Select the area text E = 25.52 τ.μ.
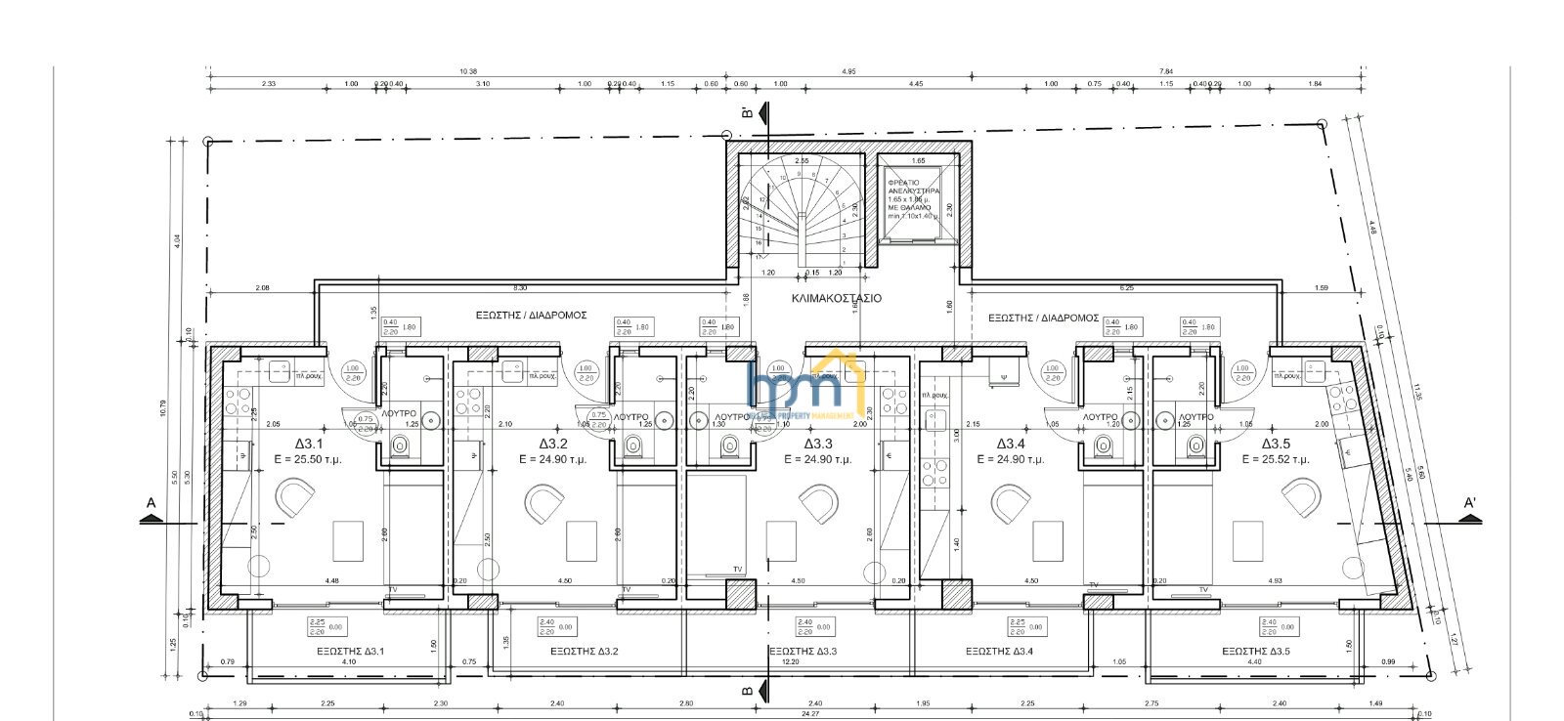[1276, 459]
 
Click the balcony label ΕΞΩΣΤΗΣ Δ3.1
[350, 652]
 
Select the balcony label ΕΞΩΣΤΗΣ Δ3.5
[1255, 652]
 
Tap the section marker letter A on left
[151, 503]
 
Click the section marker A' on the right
[1469, 503]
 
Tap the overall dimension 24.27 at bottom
[782, 714]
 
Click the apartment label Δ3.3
[817, 444]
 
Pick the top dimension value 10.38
[467, 71]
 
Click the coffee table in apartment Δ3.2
[582, 540]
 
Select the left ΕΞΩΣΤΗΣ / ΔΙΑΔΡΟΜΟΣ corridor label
[531, 316]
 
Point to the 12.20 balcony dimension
[790, 661]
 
